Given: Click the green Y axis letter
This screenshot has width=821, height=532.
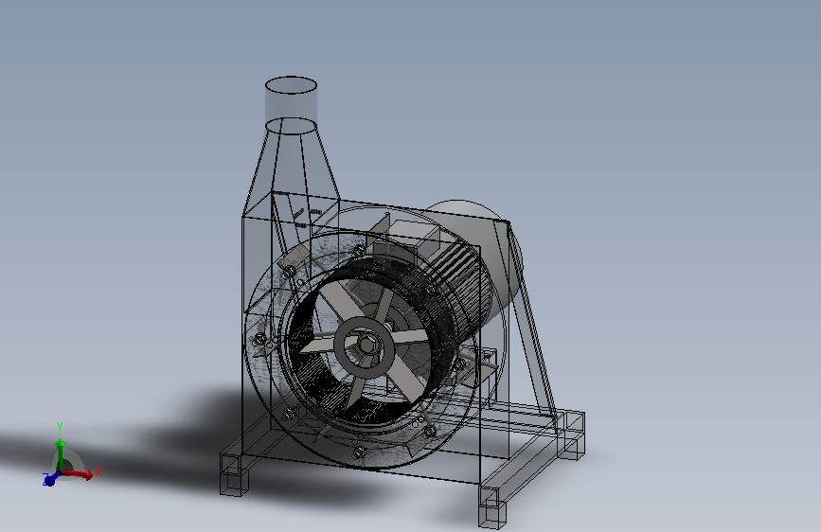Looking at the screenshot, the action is (60, 428).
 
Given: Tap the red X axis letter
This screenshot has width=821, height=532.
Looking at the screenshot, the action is (98, 471).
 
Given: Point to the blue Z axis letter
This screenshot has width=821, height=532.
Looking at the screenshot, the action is (45, 478).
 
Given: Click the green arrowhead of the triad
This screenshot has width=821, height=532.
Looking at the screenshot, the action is (61, 444).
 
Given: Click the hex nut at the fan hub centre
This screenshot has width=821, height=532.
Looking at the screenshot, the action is (366, 344).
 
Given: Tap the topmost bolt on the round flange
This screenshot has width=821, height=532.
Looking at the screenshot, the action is (359, 252).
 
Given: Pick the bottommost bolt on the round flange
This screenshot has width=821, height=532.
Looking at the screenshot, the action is (359, 452).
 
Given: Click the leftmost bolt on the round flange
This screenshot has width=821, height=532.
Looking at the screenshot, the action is (259, 339).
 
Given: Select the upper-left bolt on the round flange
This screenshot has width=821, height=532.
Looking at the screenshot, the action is (289, 272).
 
